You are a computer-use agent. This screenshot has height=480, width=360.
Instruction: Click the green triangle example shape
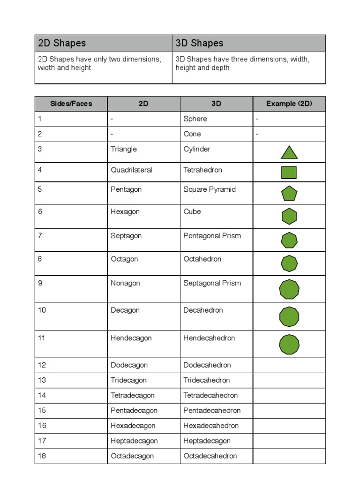pos(289,153)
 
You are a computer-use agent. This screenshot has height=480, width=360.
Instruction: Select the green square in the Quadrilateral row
pos(289,172)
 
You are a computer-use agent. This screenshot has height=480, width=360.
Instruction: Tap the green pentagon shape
pos(289,194)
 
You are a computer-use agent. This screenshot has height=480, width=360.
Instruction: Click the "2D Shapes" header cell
pos(62,43)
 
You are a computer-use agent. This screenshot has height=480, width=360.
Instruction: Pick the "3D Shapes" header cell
pos(199,43)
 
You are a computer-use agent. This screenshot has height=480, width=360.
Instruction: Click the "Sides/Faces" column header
pos(71,104)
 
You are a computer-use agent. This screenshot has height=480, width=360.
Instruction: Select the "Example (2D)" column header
pos(289,104)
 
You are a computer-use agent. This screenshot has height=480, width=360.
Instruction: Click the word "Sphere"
pos(195,119)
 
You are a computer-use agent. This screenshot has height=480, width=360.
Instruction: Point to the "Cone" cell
pos(192,134)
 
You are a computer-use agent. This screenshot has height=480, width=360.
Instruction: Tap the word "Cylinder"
pos(197,149)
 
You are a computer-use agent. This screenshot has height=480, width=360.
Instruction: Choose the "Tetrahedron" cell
pos(202,170)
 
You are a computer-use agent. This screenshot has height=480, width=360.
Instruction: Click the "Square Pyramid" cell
pos(210,189)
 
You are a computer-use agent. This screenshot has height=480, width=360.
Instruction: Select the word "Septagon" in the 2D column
pos(126,236)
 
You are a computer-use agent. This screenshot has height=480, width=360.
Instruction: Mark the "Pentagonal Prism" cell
pos(212,236)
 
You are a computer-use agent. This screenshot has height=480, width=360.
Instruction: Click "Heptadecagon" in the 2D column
pos(134,441)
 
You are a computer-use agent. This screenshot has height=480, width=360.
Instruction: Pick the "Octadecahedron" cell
pos(210,456)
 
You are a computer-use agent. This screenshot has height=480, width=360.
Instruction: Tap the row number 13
pos(42,380)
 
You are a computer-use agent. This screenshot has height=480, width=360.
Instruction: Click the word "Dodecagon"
pos(129,365)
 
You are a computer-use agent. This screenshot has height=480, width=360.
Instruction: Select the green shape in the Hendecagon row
pos(289,345)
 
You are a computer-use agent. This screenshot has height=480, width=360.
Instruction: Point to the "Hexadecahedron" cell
pos(211,426)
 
